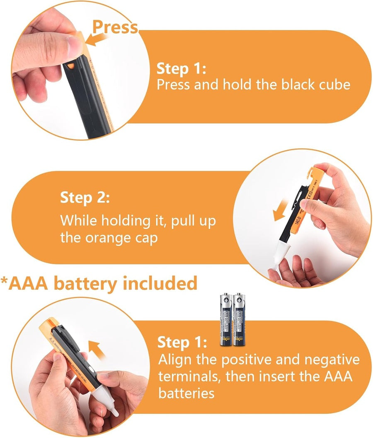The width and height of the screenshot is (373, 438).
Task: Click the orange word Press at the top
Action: (115, 27)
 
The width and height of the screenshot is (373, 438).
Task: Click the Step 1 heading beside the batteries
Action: (182, 342)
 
